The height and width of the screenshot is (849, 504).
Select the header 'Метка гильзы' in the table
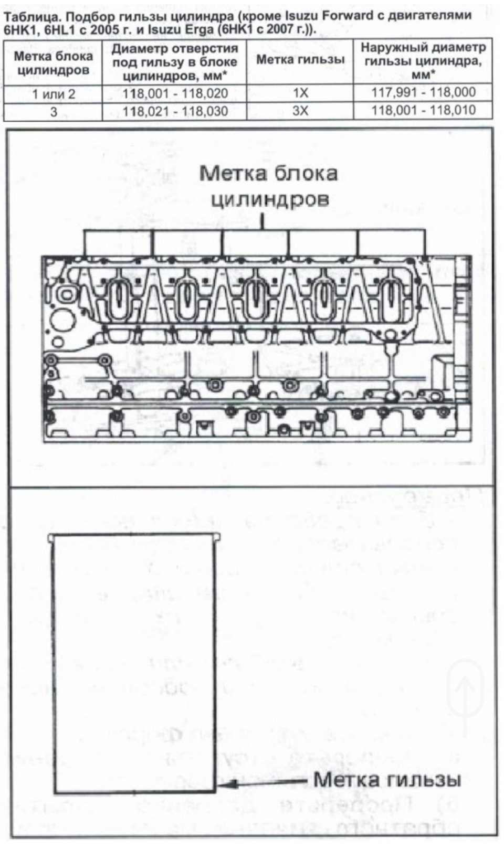coord(300,60)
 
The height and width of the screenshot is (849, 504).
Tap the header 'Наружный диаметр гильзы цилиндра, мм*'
coord(423,61)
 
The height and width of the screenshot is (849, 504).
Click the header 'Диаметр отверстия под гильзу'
coord(175,62)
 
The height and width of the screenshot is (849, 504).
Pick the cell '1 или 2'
coord(54,94)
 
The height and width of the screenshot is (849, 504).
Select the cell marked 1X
coord(300,93)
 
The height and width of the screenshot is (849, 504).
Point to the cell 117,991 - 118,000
coord(423,92)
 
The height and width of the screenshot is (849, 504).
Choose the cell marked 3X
coord(300,111)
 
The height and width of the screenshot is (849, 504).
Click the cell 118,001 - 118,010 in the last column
coord(423,110)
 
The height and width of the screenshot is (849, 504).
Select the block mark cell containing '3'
coord(54,111)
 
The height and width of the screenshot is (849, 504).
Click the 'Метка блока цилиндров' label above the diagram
coord(268,186)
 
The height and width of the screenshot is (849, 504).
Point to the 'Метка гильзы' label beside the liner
coord(387,780)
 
